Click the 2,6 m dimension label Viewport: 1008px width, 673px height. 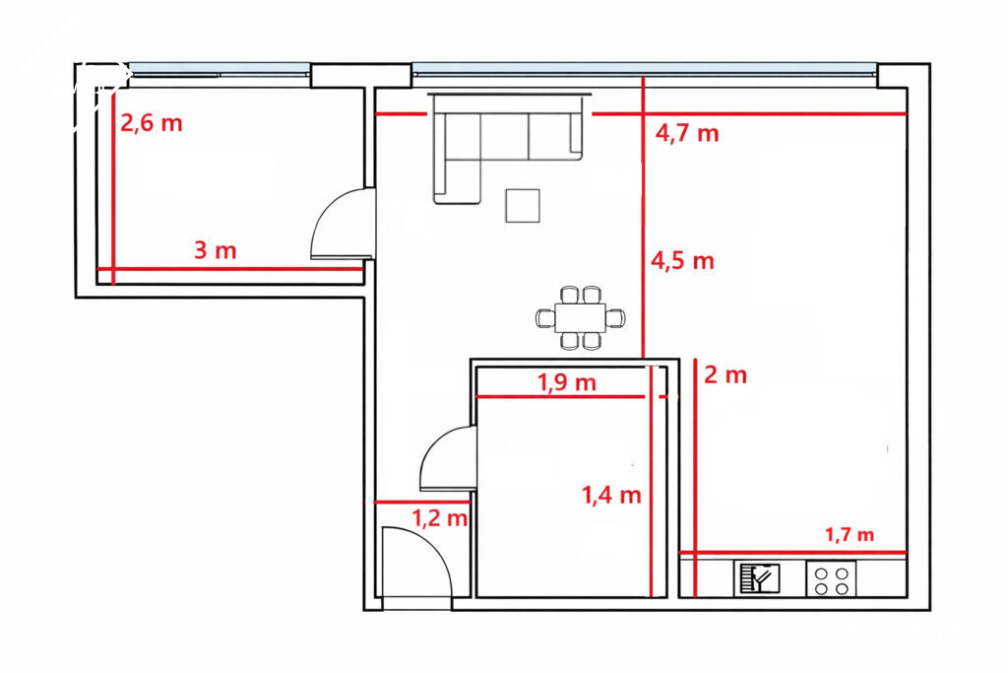[x=152, y=122]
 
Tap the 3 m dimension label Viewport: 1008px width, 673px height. [x=216, y=249]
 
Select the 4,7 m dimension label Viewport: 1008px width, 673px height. [x=687, y=133]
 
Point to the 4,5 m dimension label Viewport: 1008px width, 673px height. [x=683, y=260]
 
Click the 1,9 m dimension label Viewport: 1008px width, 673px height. [x=567, y=382]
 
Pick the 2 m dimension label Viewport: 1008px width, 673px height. [x=725, y=374]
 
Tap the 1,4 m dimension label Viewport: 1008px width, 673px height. [x=611, y=495]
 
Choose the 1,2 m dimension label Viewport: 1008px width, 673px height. [x=439, y=517]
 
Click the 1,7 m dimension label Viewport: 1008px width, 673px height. [x=850, y=534]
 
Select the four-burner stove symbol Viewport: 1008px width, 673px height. [x=832, y=578]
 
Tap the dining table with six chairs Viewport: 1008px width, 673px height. [x=581, y=317]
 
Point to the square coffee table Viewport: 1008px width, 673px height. [x=522, y=205]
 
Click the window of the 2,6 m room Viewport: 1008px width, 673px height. [x=219, y=70]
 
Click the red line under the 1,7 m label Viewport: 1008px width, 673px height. [x=792, y=553]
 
